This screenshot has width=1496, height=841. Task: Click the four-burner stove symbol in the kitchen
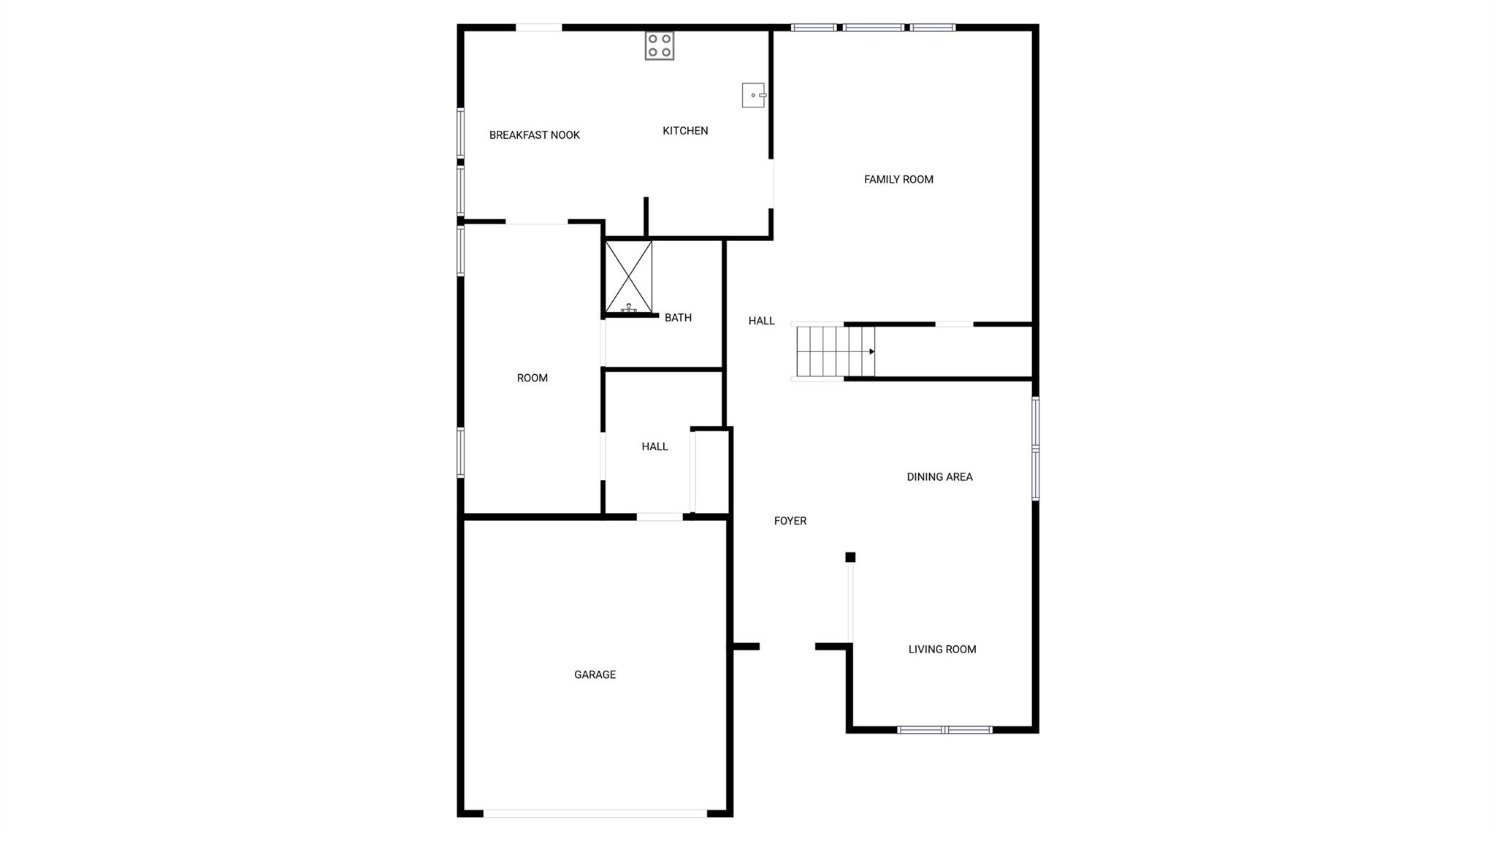[659, 45]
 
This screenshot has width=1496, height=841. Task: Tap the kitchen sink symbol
[753, 95]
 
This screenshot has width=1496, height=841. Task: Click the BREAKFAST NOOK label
[534, 135]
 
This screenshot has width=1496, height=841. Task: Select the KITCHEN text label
[684, 131]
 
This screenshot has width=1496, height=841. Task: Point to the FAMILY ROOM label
[898, 180]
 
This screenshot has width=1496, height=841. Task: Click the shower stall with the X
[628, 277]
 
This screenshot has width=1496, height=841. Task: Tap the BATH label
[677, 318]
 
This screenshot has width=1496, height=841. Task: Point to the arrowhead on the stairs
[871, 351]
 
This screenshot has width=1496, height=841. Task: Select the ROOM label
[532, 378]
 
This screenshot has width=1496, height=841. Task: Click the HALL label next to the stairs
[761, 321]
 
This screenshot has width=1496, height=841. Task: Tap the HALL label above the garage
[654, 446]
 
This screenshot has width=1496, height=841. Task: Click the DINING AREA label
[939, 477]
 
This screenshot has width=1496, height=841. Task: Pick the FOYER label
[790, 521]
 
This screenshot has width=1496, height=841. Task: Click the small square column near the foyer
[850, 558]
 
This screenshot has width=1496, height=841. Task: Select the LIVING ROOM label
[942, 650]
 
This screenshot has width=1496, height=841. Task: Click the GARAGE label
[595, 675]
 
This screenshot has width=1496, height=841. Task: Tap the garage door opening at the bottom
[595, 813]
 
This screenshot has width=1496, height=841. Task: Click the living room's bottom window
[944, 730]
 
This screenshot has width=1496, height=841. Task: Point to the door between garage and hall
[659, 517]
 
